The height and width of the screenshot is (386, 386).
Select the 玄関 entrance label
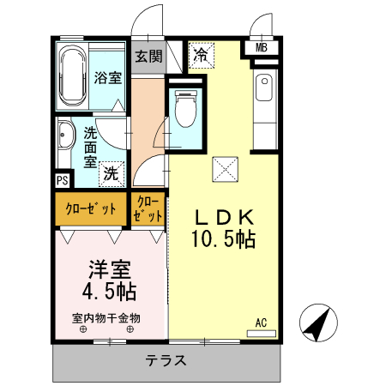[x=148, y=57]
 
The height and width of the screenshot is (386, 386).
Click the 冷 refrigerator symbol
[x=201, y=57]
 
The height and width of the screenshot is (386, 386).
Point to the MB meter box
[x=262, y=47]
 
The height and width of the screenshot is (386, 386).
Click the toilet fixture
[x=183, y=110]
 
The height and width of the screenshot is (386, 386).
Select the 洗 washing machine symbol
[x=111, y=172]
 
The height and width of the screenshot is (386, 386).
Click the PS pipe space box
[x=62, y=180]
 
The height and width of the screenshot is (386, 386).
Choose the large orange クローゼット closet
[x=91, y=209]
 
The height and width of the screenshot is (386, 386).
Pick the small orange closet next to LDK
[x=148, y=209]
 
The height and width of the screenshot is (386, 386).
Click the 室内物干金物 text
[x=106, y=317]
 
